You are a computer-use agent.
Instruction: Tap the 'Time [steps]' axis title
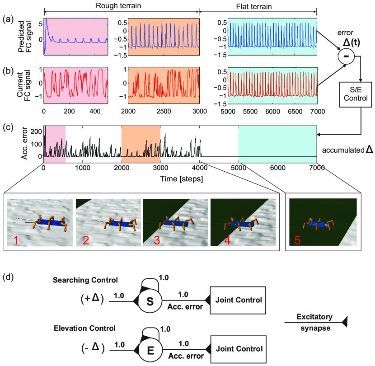pos(180,179)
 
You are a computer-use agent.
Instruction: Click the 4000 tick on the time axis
pos(199,168)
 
